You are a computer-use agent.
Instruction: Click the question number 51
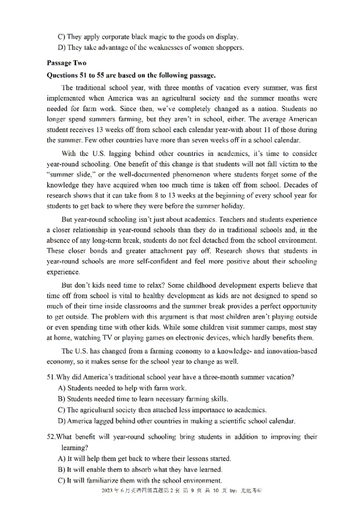[51, 377]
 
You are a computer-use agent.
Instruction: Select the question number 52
[51, 437]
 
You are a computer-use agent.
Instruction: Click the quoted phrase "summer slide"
[68, 175]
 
